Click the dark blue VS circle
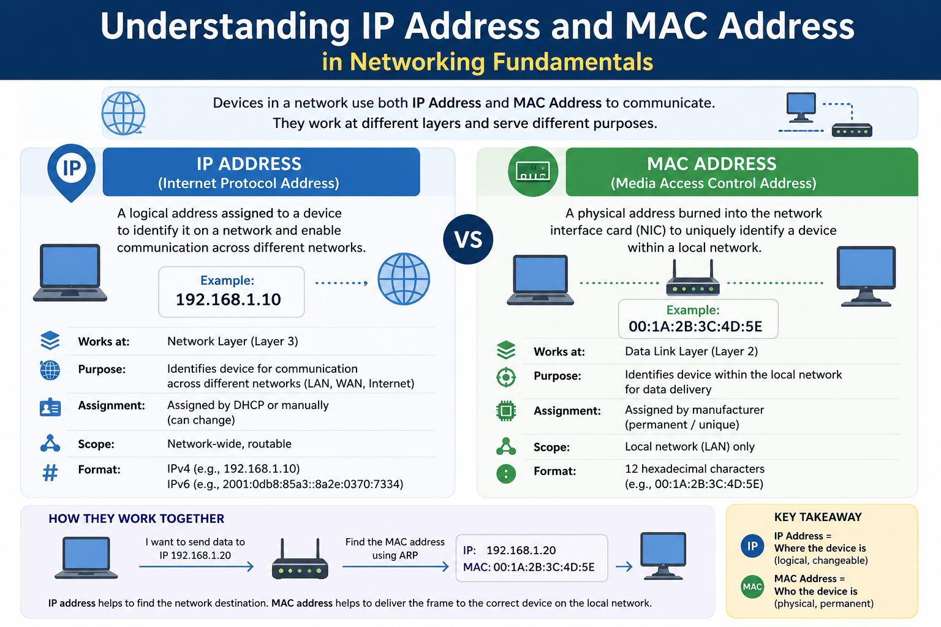click(x=468, y=239)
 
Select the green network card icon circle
click(x=532, y=171)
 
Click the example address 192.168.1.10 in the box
click(x=228, y=299)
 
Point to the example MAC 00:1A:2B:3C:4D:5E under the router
click(x=695, y=326)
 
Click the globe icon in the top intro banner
click(x=124, y=113)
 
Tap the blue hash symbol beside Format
click(x=50, y=473)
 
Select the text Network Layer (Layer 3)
click(x=233, y=342)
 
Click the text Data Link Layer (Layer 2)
click(x=692, y=351)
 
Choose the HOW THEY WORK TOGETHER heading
click(x=136, y=519)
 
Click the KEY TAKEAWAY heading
click(x=818, y=517)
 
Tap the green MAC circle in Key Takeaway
click(x=752, y=587)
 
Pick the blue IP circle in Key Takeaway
click(x=752, y=546)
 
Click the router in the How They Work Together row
click(x=300, y=560)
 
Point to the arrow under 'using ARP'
click(x=396, y=566)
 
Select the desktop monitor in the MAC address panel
click(x=866, y=276)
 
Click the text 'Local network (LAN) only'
click(x=690, y=446)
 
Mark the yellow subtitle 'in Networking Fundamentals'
click(x=487, y=62)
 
